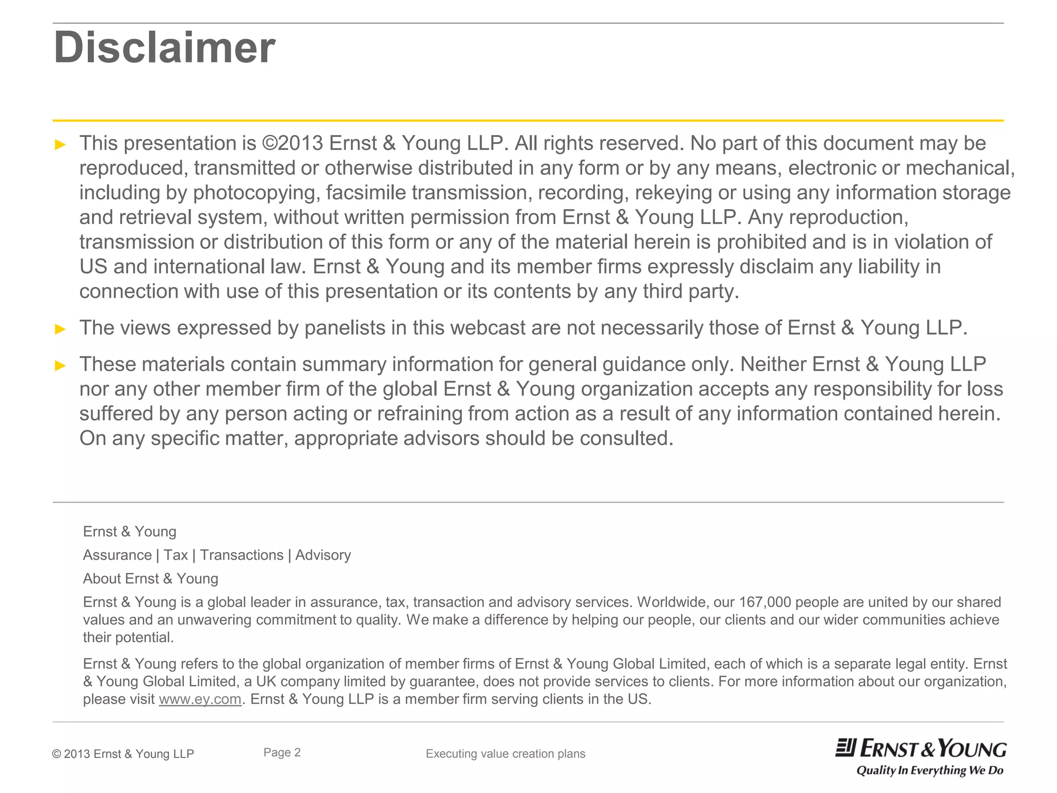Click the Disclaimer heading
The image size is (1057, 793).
(164, 47)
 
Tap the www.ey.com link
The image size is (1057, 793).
(200, 699)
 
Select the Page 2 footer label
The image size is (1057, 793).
(282, 752)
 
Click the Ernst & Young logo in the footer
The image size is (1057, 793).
(921, 749)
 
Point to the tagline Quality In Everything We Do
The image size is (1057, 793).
(930, 771)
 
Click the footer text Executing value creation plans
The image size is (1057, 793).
(505, 754)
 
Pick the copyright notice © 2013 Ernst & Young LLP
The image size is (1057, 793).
(123, 754)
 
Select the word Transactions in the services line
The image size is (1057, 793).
(242, 555)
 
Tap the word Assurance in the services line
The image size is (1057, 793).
(117, 555)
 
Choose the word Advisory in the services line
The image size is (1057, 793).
(323, 555)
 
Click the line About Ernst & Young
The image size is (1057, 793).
(151, 579)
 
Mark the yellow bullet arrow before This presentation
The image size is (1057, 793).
(60, 145)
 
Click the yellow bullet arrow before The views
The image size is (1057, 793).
(60, 329)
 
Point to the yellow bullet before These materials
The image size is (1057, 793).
(60, 366)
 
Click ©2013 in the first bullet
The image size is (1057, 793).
(292, 143)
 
